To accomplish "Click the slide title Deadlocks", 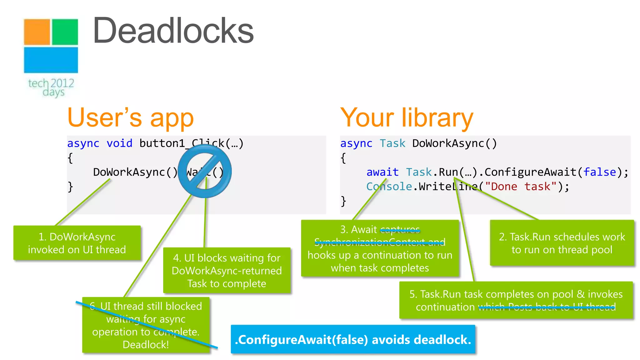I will (x=173, y=31).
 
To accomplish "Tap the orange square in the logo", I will (x=37, y=32).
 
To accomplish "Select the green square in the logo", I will (x=65, y=32).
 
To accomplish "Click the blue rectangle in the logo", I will (x=51, y=60).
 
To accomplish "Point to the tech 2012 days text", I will (x=51, y=87).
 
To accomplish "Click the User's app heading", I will (x=131, y=118).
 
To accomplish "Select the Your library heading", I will (x=407, y=118).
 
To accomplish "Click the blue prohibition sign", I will (x=205, y=171).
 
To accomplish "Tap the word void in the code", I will (x=119, y=143).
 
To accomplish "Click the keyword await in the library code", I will (x=382, y=172).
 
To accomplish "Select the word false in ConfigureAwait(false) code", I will (x=600, y=172).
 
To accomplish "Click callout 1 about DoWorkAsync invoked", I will (x=77, y=243).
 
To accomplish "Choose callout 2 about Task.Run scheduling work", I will (x=562, y=243).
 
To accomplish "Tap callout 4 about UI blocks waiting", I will (x=227, y=270).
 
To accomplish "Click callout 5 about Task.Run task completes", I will (x=516, y=300).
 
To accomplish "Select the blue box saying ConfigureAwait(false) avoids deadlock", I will (x=353, y=339).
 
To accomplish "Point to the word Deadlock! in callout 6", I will (x=146, y=344).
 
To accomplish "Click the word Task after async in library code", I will (x=392, y=143).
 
